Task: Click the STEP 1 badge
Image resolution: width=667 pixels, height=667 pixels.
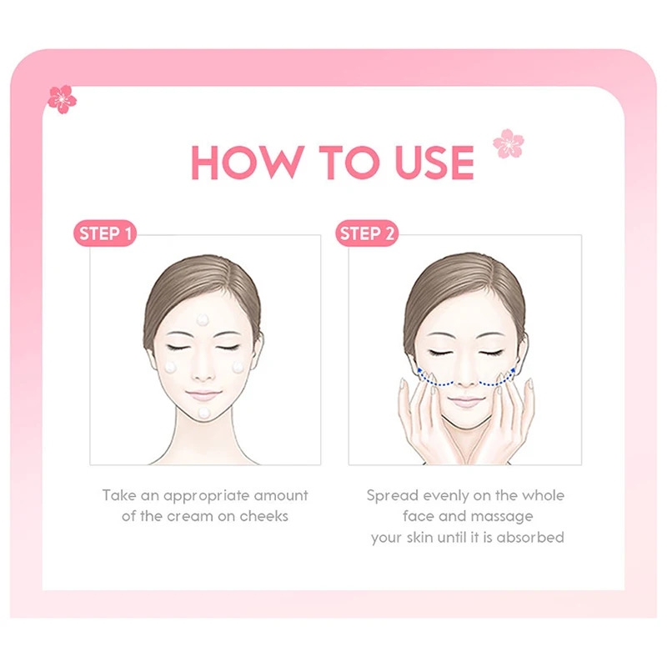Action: point(105,233)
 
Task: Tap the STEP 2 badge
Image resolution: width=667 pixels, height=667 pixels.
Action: point(367,233)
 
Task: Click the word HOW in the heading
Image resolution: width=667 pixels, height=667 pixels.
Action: point(248,162)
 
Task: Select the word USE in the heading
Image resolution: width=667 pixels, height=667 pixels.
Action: point(434,162)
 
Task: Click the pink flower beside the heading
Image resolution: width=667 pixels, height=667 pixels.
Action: point(509,143)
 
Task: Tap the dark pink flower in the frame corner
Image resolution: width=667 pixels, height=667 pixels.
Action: point(62,99)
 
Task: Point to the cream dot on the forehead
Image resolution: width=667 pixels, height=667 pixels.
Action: point(203,319)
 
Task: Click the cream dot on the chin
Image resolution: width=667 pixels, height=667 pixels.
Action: point(204,412)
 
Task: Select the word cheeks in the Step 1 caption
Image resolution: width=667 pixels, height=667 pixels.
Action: point(263,516)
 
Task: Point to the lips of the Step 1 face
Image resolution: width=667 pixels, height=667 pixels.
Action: point(203,394)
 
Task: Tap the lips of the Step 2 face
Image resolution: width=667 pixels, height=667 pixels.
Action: point(466,401)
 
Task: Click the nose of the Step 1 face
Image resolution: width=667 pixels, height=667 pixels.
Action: point(203,371)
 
